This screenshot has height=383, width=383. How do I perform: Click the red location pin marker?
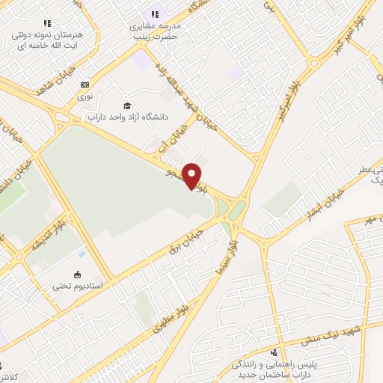point(192,175)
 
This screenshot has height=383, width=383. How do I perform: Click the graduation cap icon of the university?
point(127,105)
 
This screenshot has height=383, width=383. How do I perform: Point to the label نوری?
point(86,96)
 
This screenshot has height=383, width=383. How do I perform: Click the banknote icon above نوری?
point(85,85)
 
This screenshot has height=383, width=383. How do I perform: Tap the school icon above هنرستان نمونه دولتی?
point(48,23)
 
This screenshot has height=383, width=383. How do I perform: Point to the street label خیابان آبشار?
point(324,203)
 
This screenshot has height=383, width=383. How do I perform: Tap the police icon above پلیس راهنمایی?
point(274,352)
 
